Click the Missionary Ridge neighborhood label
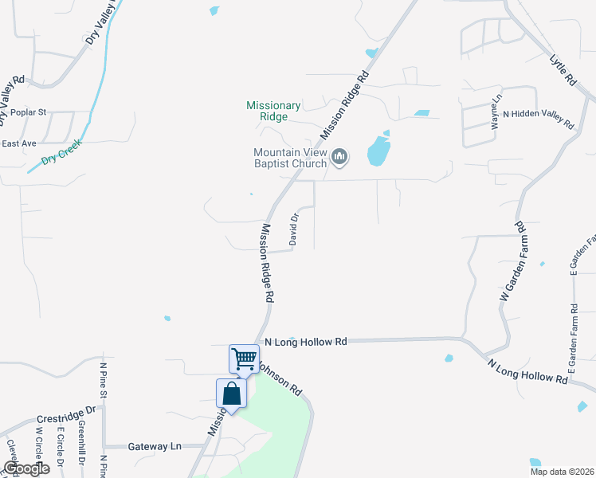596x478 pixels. tap(273, 111)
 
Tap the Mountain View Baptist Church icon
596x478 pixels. tap(340, 157)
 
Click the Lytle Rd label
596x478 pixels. tap(563, 70)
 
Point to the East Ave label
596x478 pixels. tap(19, 143)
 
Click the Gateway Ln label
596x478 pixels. tap(155, 447)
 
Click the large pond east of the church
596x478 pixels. tap(379, 149)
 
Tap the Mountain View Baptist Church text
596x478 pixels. tap(289, 158)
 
